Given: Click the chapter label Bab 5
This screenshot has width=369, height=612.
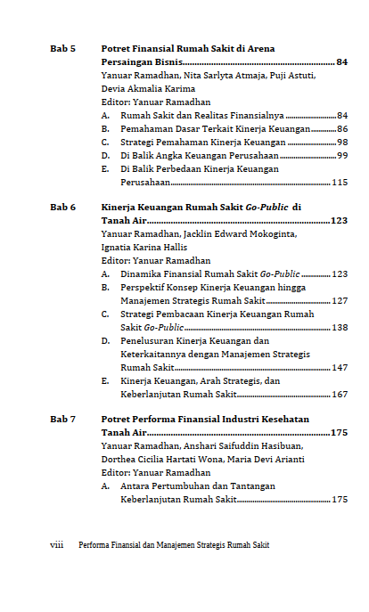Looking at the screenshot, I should (x=62, y=48).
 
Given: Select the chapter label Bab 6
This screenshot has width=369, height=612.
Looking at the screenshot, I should (x=62, y=207).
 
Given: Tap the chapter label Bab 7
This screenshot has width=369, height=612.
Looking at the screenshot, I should (x=62, y=419).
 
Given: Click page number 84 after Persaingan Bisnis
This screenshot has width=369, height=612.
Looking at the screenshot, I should (x=342, y=62).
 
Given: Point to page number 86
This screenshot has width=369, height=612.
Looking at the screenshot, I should (x=342, y=128).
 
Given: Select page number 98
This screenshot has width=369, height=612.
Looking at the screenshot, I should (x=342, y=142).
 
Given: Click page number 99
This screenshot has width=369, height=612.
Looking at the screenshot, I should (x=342, y=155).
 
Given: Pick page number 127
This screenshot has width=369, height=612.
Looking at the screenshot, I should (x=339, y=300).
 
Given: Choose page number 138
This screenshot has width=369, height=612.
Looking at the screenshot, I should (x=339, y=327).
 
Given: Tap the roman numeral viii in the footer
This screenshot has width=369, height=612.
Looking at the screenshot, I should (x=58, y=544).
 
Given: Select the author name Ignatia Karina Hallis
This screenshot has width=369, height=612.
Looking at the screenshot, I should (x=144, y=247).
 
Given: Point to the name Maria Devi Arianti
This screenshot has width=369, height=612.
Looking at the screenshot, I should (x=266, y=459).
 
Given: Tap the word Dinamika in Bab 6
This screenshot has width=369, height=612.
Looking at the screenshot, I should (x=142, y=273).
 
